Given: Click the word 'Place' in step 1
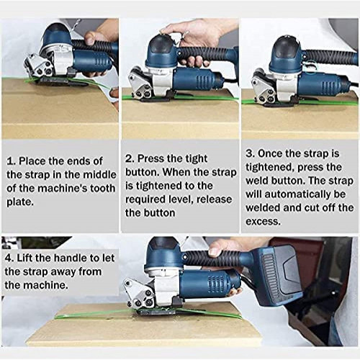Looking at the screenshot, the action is (x=32, y=161).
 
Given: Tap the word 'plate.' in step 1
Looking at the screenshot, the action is (x=20, y=202).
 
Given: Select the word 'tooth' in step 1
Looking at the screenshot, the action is (x=103, y=189).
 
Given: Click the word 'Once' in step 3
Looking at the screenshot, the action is (x=270, y=153).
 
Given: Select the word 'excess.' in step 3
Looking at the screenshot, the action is (x=263, y=221).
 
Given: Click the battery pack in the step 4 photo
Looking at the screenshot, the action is (x=280, y=275).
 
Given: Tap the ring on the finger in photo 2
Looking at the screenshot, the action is (x=185, y=34).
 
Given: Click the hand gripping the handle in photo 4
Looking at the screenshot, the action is (x=222, y=248).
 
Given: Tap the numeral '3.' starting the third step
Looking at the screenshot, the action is (x=250, y=153).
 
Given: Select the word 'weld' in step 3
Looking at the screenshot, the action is (x=257, y=181).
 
